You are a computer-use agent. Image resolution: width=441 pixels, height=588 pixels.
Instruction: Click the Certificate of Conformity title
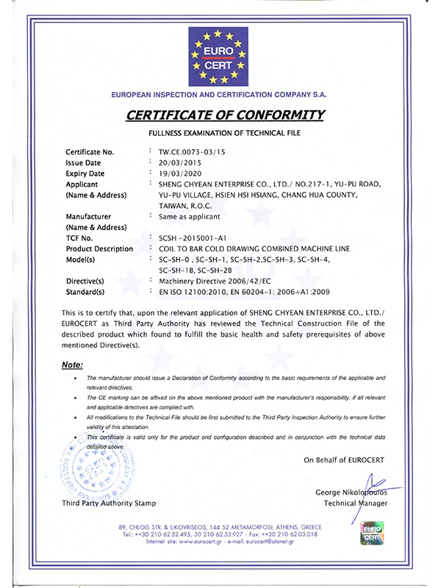point(225,115)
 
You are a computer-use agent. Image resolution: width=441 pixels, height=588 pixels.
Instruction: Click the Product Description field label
point(99,249)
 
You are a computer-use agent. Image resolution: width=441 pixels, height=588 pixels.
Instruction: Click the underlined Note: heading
point(72,365)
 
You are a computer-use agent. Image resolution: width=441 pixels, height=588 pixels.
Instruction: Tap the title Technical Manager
point(355,503)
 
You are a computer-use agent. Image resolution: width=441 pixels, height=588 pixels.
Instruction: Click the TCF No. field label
point(79,238)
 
